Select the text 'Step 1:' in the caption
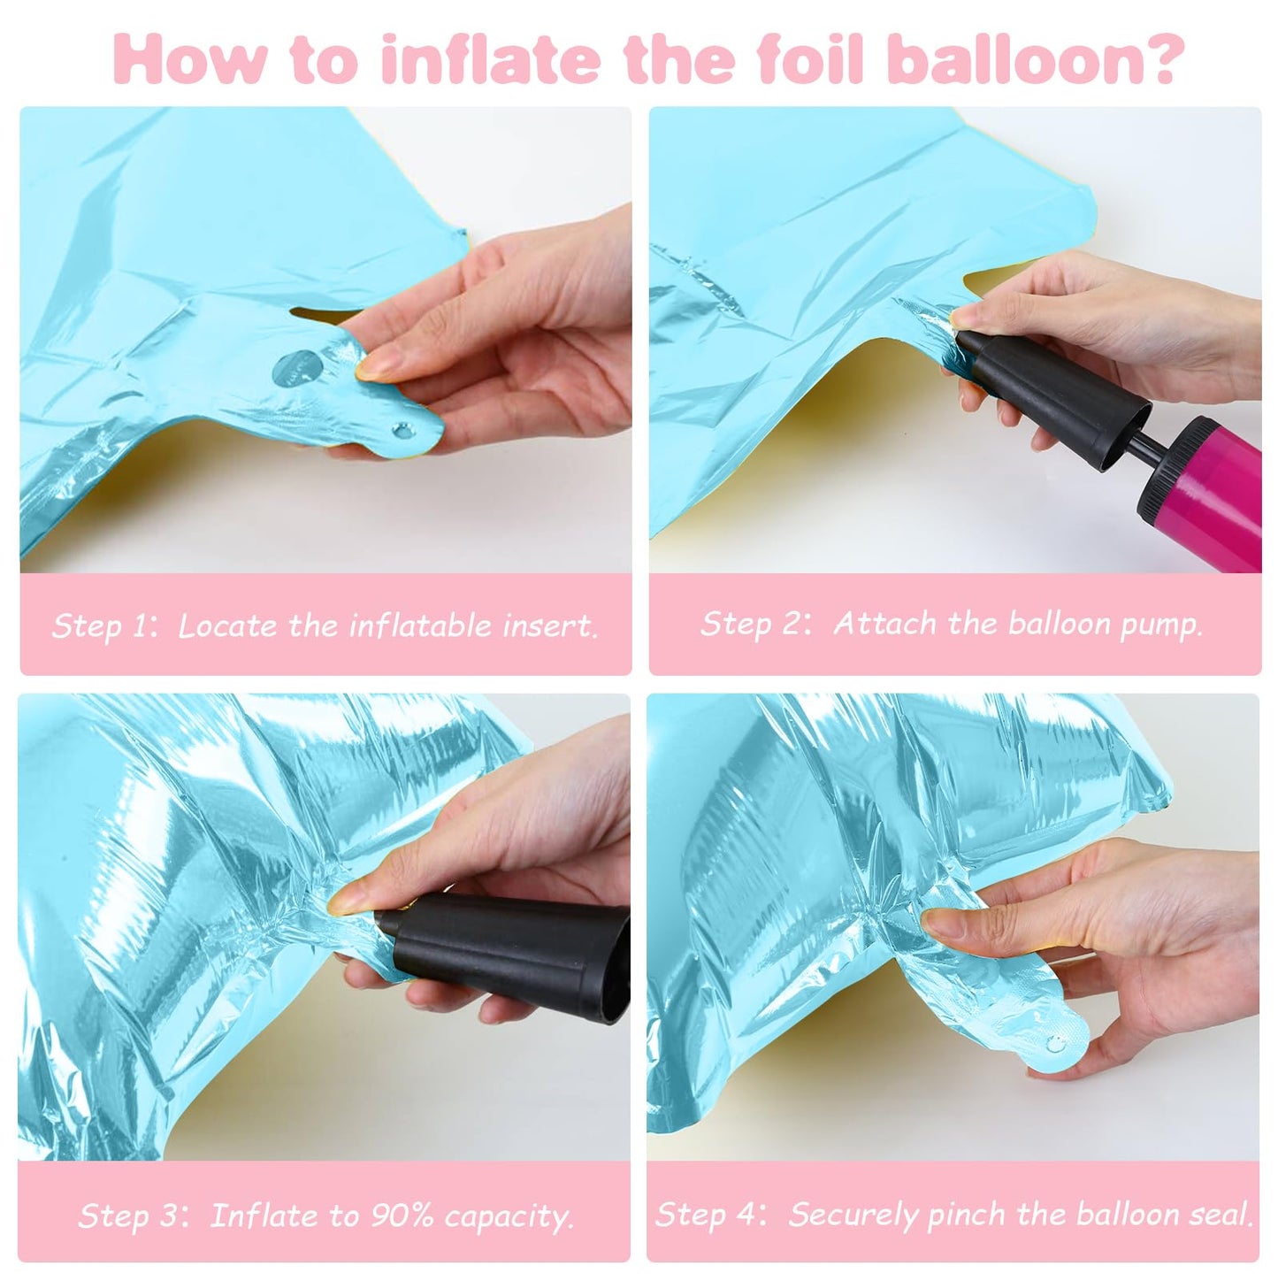(x=105, y=626)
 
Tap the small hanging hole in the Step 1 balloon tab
(x=402, y=431)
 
